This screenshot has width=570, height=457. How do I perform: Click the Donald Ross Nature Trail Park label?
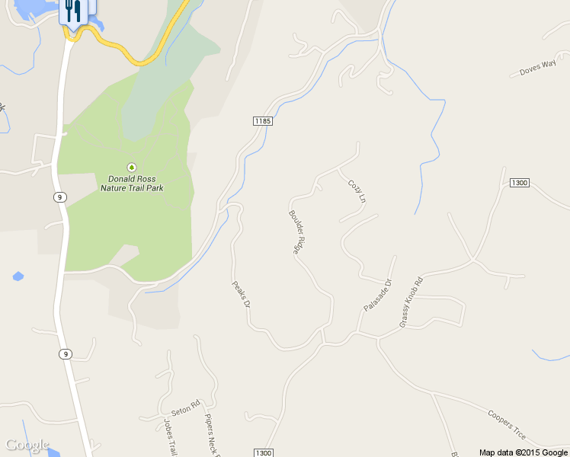point(132,183)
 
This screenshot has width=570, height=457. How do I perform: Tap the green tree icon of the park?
point(132,167)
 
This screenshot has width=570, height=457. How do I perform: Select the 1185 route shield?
point(263,121)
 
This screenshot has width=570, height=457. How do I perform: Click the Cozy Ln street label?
point(357,190)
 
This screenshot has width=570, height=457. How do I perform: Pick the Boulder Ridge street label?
point(297,232)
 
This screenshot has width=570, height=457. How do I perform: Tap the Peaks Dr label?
point(241,294)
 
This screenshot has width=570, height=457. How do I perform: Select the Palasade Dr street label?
point(377,295)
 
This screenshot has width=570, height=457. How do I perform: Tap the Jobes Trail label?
point(170,437)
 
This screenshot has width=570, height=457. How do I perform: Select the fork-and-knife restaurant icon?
point(73,11)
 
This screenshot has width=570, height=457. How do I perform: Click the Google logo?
point(27,445)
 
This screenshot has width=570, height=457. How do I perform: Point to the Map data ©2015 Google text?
point(524,452)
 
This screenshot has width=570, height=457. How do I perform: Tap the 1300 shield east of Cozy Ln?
point(519,183)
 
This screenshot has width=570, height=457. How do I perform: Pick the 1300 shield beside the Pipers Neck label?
point(263,452)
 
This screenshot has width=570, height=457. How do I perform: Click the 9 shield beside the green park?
point(60,197)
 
